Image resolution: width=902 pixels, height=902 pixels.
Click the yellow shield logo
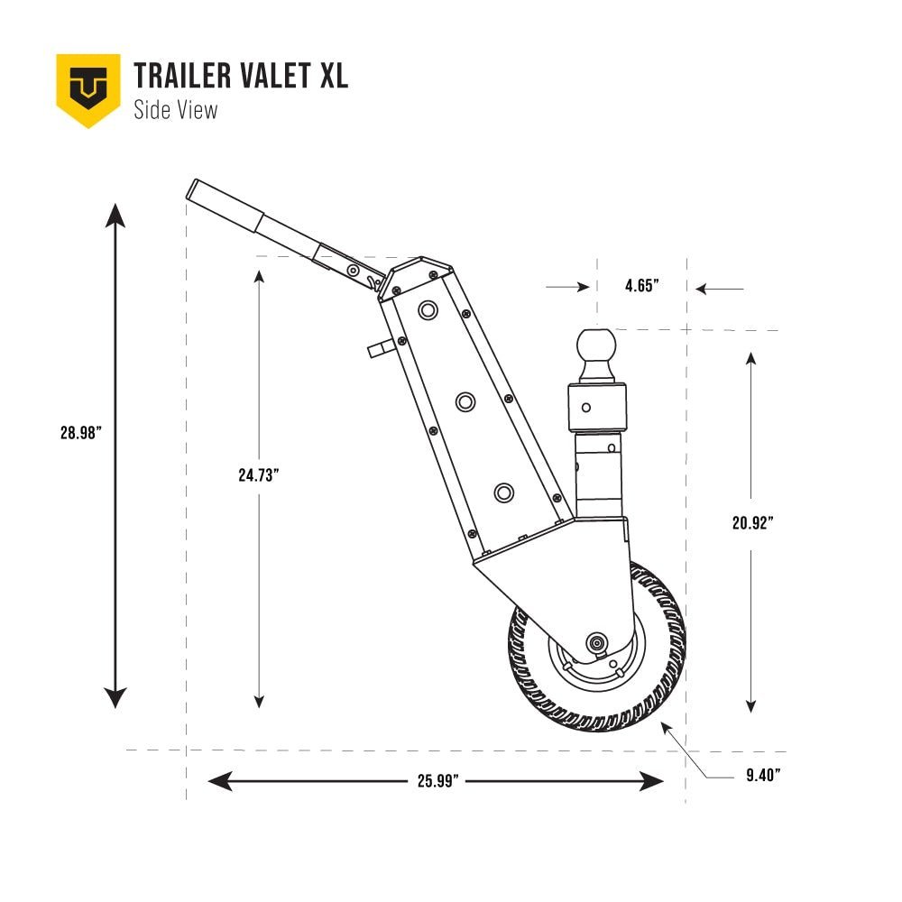click(x=88, y=88)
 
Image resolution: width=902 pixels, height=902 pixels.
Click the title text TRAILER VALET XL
click(x=241, y=77)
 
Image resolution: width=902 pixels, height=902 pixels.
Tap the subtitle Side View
click(x=175, y=111)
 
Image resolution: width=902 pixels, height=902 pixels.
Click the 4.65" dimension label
click(x=642, y=286)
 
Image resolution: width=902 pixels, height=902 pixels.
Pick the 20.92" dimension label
click(x=753, y=521)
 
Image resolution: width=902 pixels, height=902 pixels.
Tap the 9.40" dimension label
click(x=763, y=774)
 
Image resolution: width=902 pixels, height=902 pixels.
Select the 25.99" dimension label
click(x=439, y=781)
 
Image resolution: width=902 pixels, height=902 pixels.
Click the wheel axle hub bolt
click(x=596, y=642)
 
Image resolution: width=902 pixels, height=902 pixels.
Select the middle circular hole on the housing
click(x=465, y=401)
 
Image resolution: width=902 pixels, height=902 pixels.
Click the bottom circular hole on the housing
click(x=503, y=492)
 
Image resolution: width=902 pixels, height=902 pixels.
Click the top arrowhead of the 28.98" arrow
click(x=115, y=215)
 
